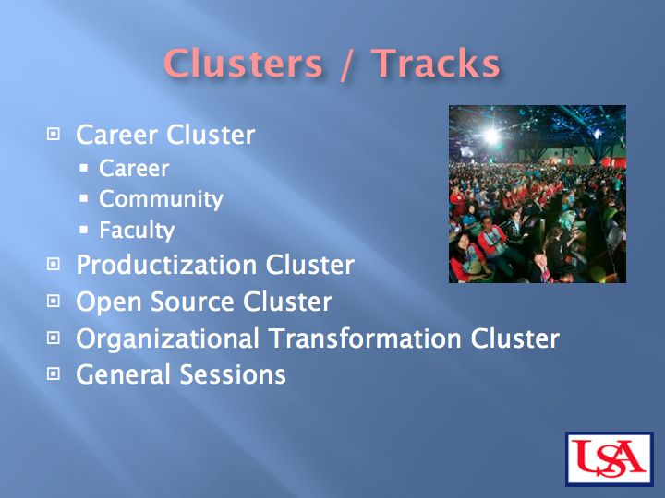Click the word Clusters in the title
point(243,63)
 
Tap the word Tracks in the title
point(436,63)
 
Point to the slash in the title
point(346,65)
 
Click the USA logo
point(610,458)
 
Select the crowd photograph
point(538,194)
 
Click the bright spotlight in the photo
point(491,136)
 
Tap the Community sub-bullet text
point(161,199)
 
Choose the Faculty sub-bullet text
point(137,231)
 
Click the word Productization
point(167,265)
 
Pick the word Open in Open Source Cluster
point(109,302)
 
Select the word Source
point(192,302)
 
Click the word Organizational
point(167,338)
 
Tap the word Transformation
point(366,338)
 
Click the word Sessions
point(233,374)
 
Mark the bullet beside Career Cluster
point(53,135)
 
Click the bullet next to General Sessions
point(53,373)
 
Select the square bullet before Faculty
point(83,230)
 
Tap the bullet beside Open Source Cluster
point(53,301)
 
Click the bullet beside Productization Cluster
point(53,265)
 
